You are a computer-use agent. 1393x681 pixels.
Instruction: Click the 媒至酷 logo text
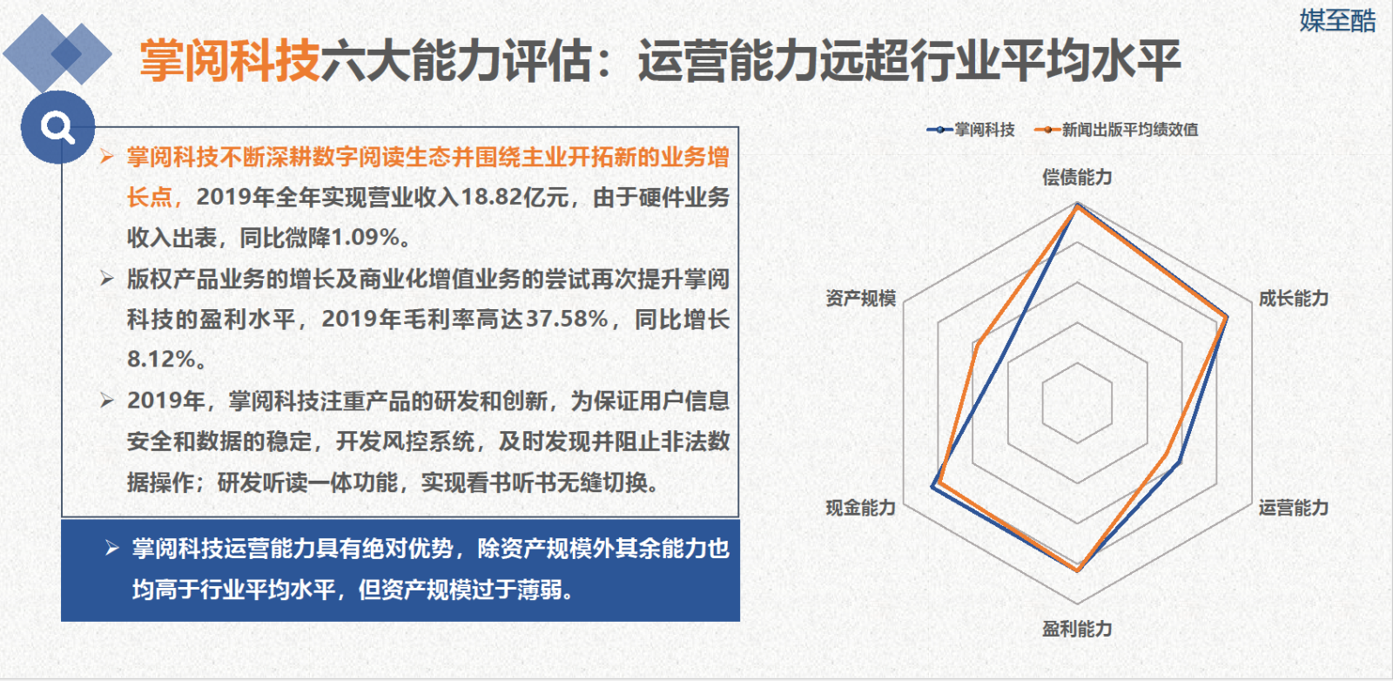coord(1337,21)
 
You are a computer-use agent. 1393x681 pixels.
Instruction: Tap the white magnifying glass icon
coord(57,127)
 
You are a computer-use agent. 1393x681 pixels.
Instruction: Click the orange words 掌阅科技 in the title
coord(230,61)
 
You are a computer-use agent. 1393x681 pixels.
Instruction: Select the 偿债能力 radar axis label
coord(1076,178)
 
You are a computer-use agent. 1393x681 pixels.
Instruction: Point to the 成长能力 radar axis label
coord(1294,299)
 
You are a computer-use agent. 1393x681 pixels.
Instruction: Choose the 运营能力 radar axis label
coord(1294,508)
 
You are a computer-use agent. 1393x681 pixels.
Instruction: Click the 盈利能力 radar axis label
coord(1076,629)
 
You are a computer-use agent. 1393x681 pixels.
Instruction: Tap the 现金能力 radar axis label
coord(861,508)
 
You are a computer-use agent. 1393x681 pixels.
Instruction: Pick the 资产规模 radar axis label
coord(861,299)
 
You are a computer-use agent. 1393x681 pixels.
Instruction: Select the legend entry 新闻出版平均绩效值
coord(1116,130)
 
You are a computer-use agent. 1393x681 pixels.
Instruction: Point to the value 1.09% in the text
coord(365,238)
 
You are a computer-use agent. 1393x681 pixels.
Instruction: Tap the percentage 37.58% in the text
coord(567,319)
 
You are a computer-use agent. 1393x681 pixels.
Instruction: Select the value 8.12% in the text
coord(161,360)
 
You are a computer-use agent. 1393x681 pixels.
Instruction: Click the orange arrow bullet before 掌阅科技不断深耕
coord(106,156)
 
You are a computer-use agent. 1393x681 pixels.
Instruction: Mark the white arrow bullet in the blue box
coord(112,548)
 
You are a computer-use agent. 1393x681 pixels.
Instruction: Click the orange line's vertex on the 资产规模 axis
coord(977,345)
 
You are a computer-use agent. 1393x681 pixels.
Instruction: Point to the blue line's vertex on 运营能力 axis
coord(1179,462)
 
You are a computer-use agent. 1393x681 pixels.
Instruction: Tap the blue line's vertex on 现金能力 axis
coord(932,488)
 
